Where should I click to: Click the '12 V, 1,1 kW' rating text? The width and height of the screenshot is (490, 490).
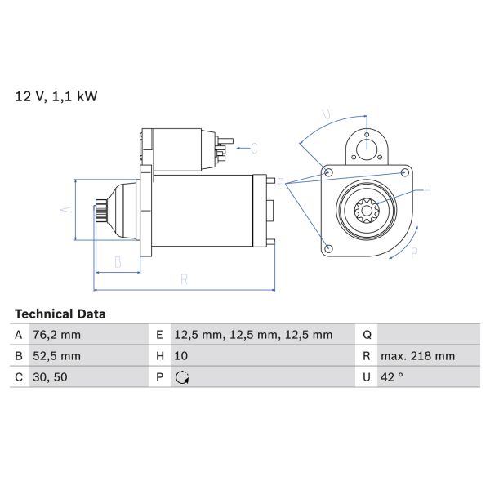(56, 96)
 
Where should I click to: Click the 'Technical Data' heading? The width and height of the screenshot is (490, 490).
(60, 314)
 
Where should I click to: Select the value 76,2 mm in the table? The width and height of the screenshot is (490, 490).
(57, 335)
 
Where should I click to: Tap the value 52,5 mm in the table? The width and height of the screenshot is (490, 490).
(57, 356)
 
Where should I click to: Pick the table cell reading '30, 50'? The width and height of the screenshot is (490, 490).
(50, 377)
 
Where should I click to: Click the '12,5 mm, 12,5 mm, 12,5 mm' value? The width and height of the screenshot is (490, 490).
(253, 335)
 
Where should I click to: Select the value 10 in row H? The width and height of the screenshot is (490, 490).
(182, 356)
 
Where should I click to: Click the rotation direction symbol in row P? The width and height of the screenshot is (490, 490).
(182, 377)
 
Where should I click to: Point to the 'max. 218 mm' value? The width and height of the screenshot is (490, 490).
(419, 356)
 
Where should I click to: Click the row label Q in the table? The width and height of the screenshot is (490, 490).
(367, 335)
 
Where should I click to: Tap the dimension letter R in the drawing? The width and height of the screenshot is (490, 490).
(185, 279)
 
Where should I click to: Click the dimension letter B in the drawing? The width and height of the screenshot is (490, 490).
(118, 262)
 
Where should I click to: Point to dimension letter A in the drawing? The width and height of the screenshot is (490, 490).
(66, 209)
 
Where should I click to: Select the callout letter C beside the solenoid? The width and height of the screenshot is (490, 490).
(253, 149)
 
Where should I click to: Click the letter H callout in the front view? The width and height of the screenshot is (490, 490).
(426, 192)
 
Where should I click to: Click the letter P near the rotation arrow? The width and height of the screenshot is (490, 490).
(414, 252)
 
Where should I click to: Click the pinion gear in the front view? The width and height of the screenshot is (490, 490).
(366, 210)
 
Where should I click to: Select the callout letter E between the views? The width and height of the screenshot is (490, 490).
(279, 185)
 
